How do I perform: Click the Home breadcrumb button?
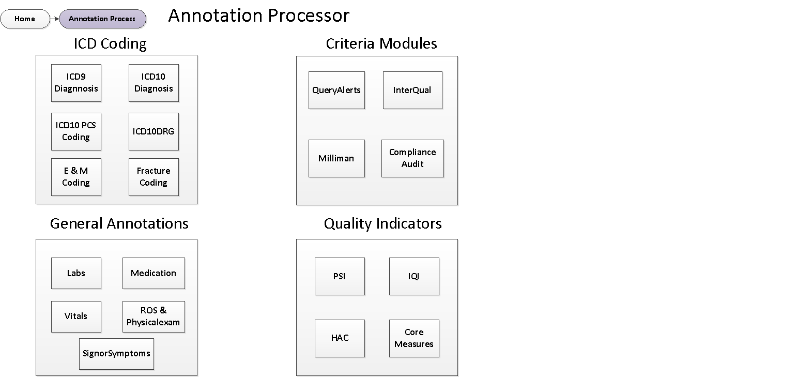pyautogui.click(x=25, y=19)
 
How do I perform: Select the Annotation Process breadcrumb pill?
pyautogui.click(x=102, y=19)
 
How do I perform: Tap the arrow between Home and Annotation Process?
pyautogui.click(x=55, y=19)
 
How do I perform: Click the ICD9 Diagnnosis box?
pyautogui.click(x=76, y=83)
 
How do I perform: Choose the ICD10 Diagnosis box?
pyautogui.click(x=154, y=83)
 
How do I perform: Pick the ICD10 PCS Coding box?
pyautogui.click(x=76, y=131)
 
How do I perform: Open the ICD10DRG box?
pyautogui.click(x=154, y=131)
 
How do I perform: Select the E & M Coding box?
pyautogui.click(x=76, y=177)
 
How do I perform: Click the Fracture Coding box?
pyautogui.click(x=154, y=177)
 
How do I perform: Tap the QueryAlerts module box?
pyautogui.click(x=336, y=90)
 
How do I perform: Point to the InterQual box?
pyautogui.click(x=412, y=90)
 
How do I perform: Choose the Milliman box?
pyautogui.click(x=336, y=158)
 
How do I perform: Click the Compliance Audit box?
pyautogui.click(x=412, y=158)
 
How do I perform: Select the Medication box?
pyautogui.click(x=154, y=273)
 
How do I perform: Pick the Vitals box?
pyautogui.click(x=76, y=316)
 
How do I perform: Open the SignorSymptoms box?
pyautogui.click(x=116, y=354)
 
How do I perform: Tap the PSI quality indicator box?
pyautogui.click(x=340, y=276)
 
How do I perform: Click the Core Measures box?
pyautogui.click(x=414, y=338)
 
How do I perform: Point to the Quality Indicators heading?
pyautogui.click(x=382, y=223)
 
